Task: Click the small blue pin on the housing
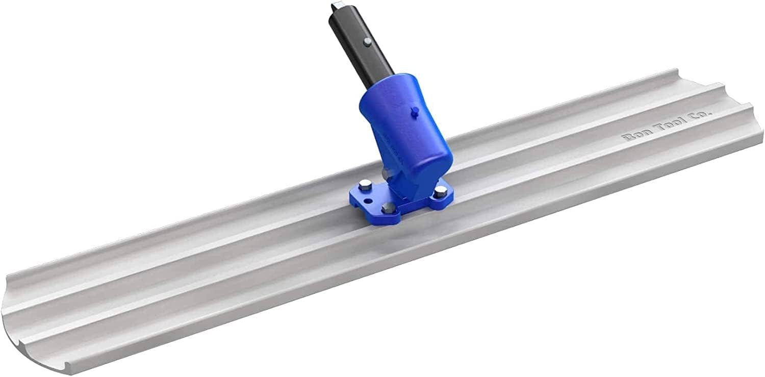pyautogui.click(x=414, y=109)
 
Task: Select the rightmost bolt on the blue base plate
pyautogui.click(x=439, y=191)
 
